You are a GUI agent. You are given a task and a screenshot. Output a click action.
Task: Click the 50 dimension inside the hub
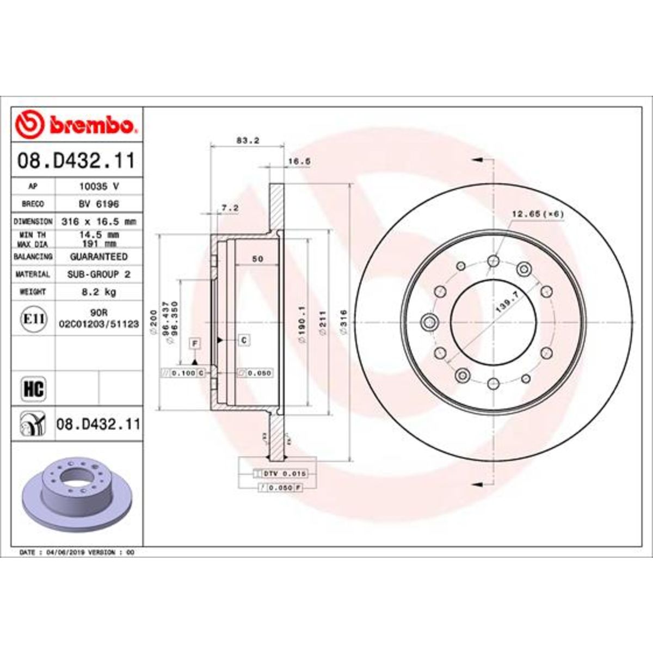(x=257, y=259)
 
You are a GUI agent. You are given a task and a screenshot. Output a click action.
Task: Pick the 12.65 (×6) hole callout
(x=537, y=214)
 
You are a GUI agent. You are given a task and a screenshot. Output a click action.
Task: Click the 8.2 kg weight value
(x=98, y=292)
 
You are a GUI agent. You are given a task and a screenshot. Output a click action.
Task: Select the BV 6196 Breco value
(x=98, y=204)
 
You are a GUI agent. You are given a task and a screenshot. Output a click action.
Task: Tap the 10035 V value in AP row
(x=98, y=186)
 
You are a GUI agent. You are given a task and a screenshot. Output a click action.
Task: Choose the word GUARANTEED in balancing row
(x=98, y=256)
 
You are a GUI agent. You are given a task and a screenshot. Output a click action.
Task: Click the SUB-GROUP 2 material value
(x=98, y=274)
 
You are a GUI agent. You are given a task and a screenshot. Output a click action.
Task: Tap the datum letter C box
(x=244, y=341)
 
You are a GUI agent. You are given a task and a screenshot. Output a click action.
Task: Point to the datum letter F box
(x=194, y=343)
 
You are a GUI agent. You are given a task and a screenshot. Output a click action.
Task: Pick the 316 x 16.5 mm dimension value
(x=98, y=221)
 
